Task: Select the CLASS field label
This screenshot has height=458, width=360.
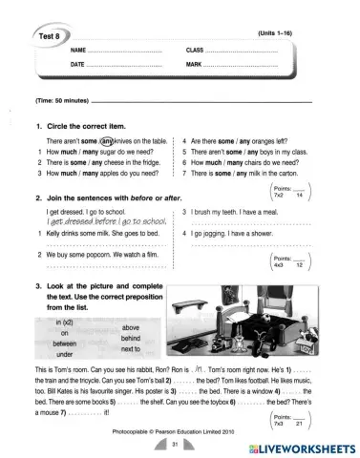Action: [196, 49]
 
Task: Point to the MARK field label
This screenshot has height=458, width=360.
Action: [195, 64]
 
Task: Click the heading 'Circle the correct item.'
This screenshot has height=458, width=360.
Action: [94, 124]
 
